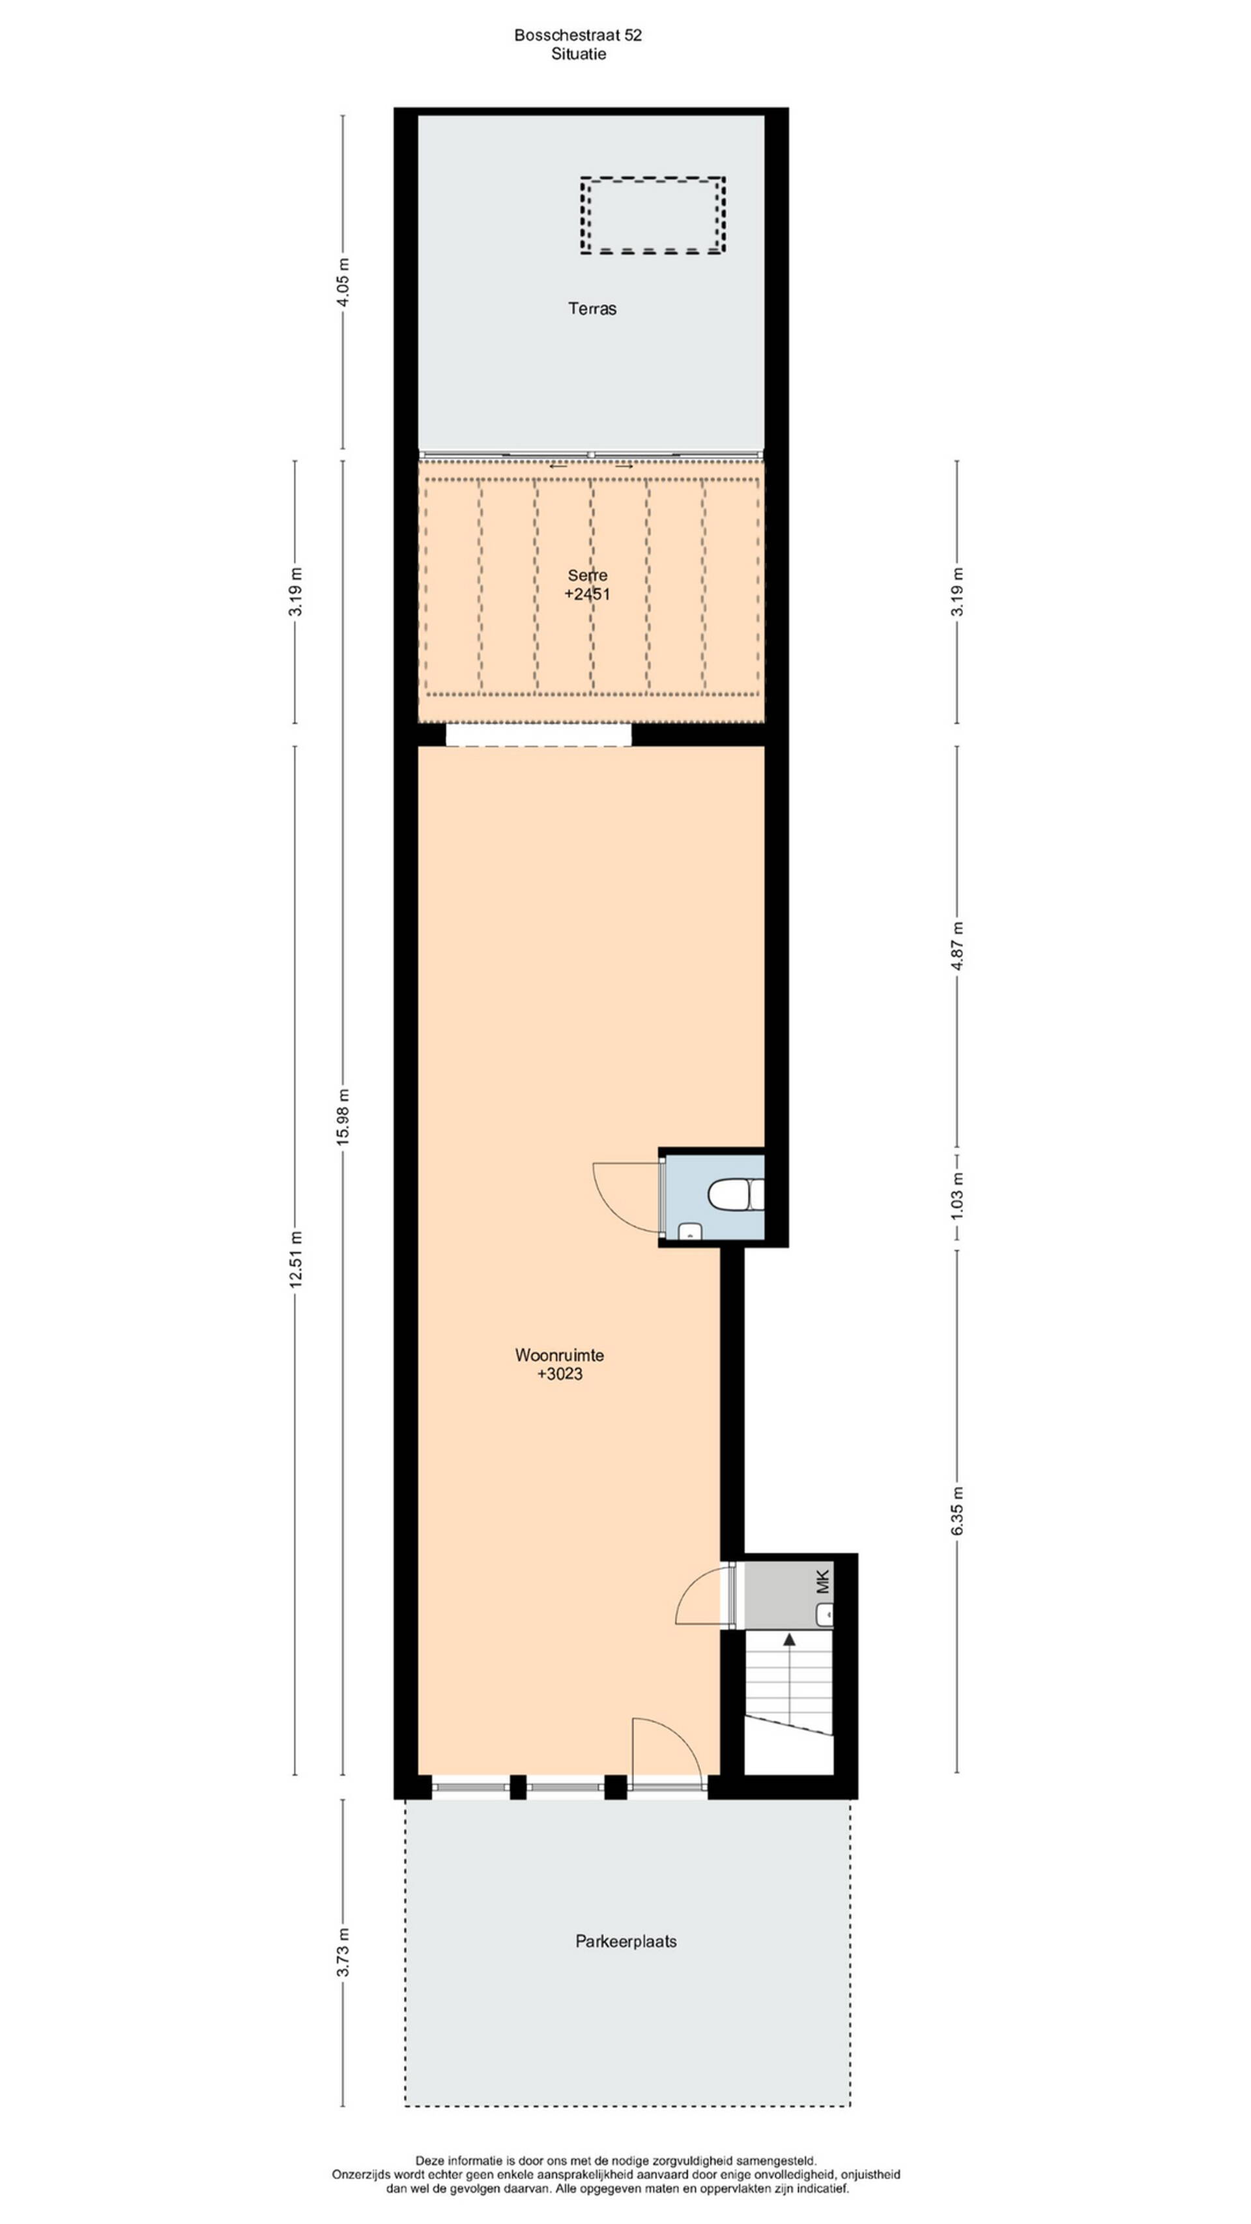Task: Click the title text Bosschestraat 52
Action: point(577,35)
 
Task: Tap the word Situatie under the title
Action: point(579,53)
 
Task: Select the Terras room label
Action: point(592,308)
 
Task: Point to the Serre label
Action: point(587,575)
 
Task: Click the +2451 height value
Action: point(587,594)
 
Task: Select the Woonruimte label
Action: point(560,1355)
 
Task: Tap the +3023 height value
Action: point(560,1374)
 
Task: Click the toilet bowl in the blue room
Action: point(736,1196)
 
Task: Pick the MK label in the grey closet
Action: point(823,1581)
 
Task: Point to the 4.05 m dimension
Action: point(343,282)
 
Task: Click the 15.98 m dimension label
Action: point(343,1117)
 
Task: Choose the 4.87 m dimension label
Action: point(956,946)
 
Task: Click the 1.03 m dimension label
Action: point(956,1198)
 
